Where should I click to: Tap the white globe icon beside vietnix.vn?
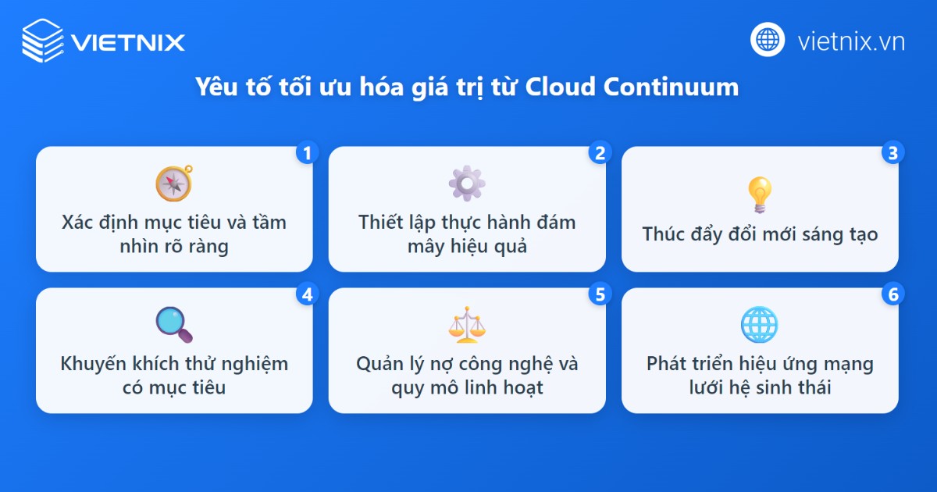pos(768,39)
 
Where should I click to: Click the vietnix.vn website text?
pos(851,41)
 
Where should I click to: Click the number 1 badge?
pos(307,152)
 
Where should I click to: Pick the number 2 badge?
pos(600,152)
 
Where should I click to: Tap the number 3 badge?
pos(892,152)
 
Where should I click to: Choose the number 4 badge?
pos(307,294)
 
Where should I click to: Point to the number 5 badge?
pos(600,294)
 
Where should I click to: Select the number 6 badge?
pos(892,294)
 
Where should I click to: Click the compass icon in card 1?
pos(173,184)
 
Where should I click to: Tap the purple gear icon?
pos(467,184)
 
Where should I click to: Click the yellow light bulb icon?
pos(759,194)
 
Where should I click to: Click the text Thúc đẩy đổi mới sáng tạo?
pos(760,234)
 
